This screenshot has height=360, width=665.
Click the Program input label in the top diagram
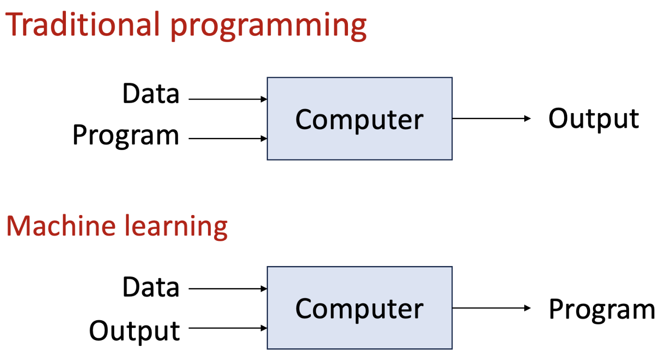(x=126, y=135)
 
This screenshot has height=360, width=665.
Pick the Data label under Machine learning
(x=151, y=287)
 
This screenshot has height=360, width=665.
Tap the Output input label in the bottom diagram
(x=134, y=331)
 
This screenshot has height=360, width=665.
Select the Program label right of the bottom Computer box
(x=601, y=309)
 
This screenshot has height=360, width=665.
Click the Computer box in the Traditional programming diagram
(x=359, y=119)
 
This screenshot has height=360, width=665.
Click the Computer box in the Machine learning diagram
(x=359, y=308)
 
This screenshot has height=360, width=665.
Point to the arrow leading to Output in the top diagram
(x=491, y=118)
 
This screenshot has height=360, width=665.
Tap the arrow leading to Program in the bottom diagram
(x=491, y=308)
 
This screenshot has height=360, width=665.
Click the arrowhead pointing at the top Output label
(x=528, y=118)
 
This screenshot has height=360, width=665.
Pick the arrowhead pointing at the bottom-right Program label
(x=528, y=308)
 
